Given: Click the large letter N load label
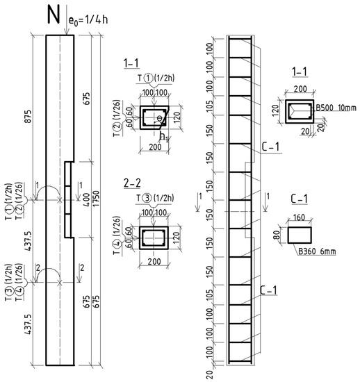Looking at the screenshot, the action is pos(53,15).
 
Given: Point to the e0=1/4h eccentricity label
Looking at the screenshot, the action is pos(88,19).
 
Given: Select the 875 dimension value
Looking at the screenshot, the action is pos(28,117).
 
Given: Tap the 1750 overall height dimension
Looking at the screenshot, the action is pos(97,199).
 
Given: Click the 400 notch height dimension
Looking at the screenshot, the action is pos(87,200).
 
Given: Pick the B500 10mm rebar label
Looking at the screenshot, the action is pos(336,108).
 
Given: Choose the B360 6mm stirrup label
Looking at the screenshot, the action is pos(317,251).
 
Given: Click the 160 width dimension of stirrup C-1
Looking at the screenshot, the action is pos(299,217).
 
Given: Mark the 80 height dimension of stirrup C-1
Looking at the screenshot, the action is pos(277,235).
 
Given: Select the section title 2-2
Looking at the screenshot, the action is pos(132,183).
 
